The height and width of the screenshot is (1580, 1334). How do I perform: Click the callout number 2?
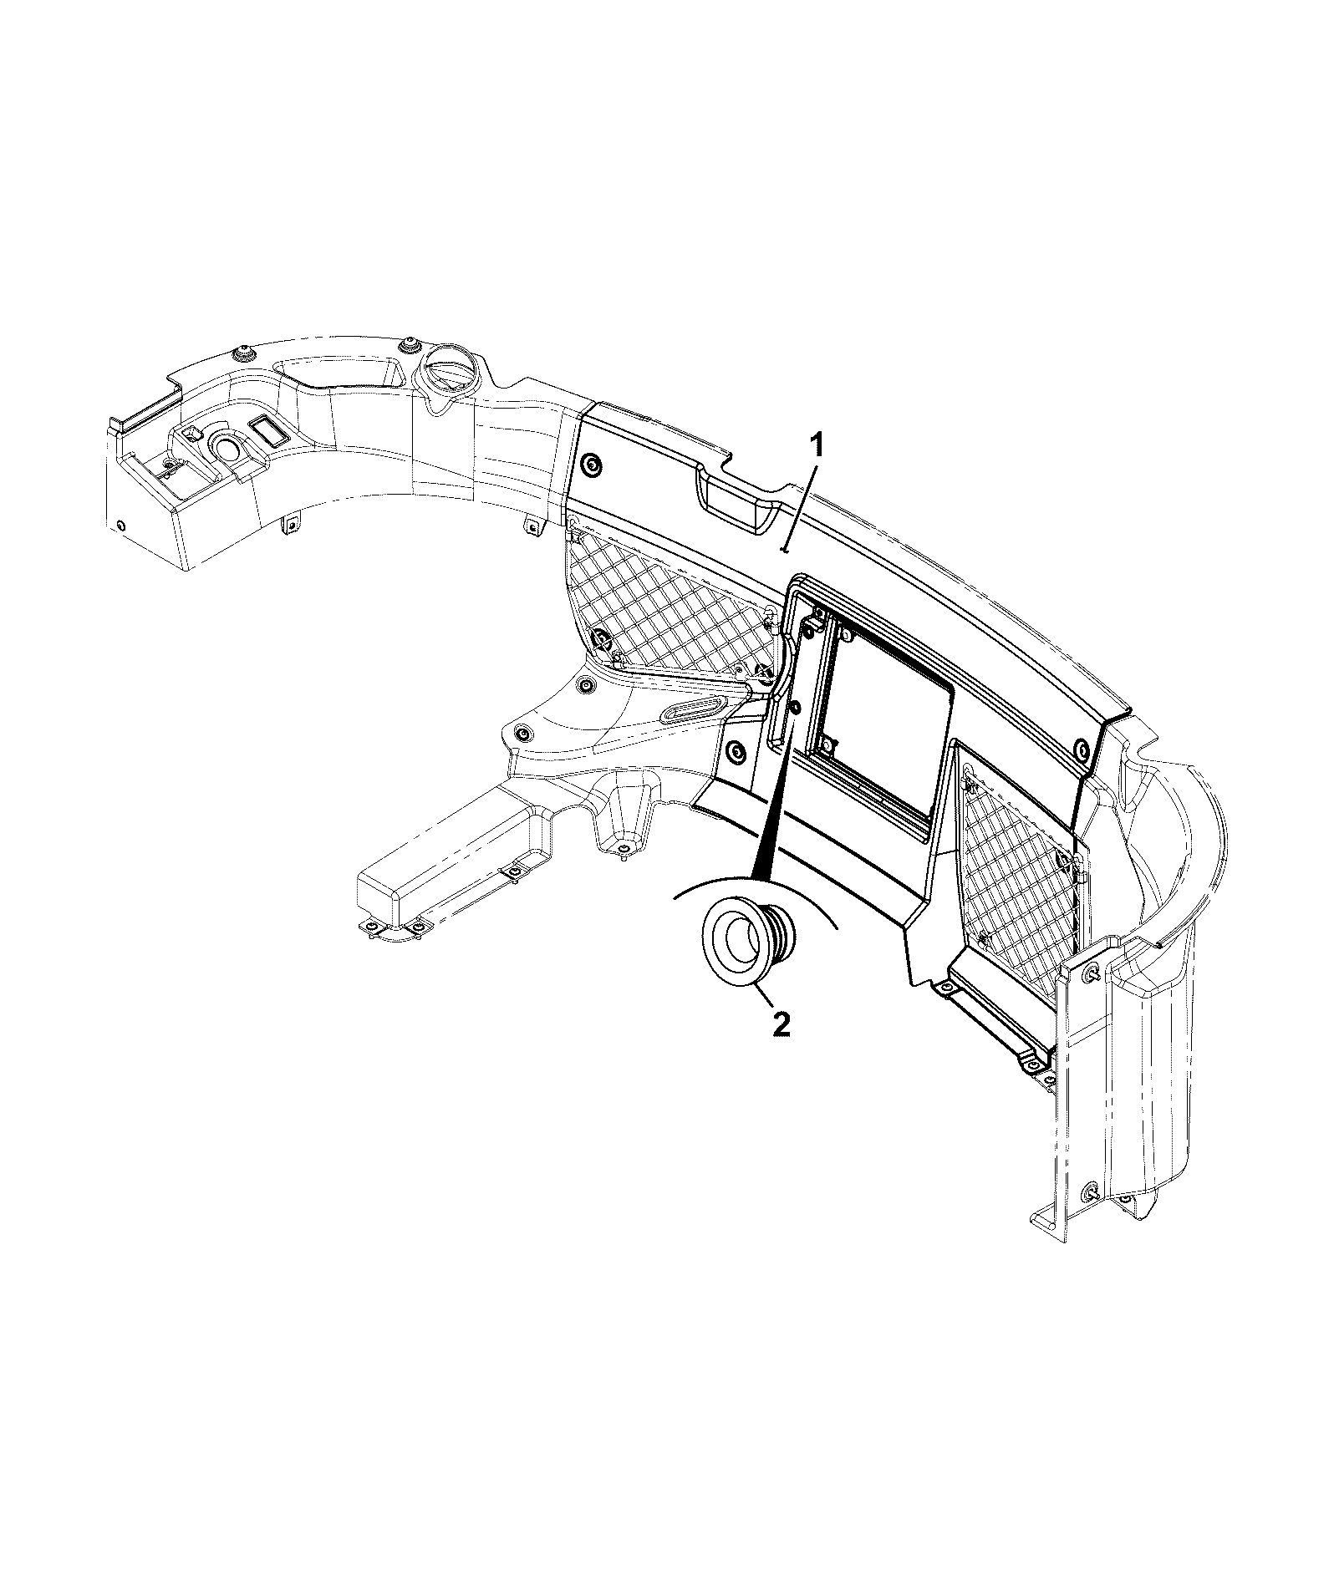click(781, 1024)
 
